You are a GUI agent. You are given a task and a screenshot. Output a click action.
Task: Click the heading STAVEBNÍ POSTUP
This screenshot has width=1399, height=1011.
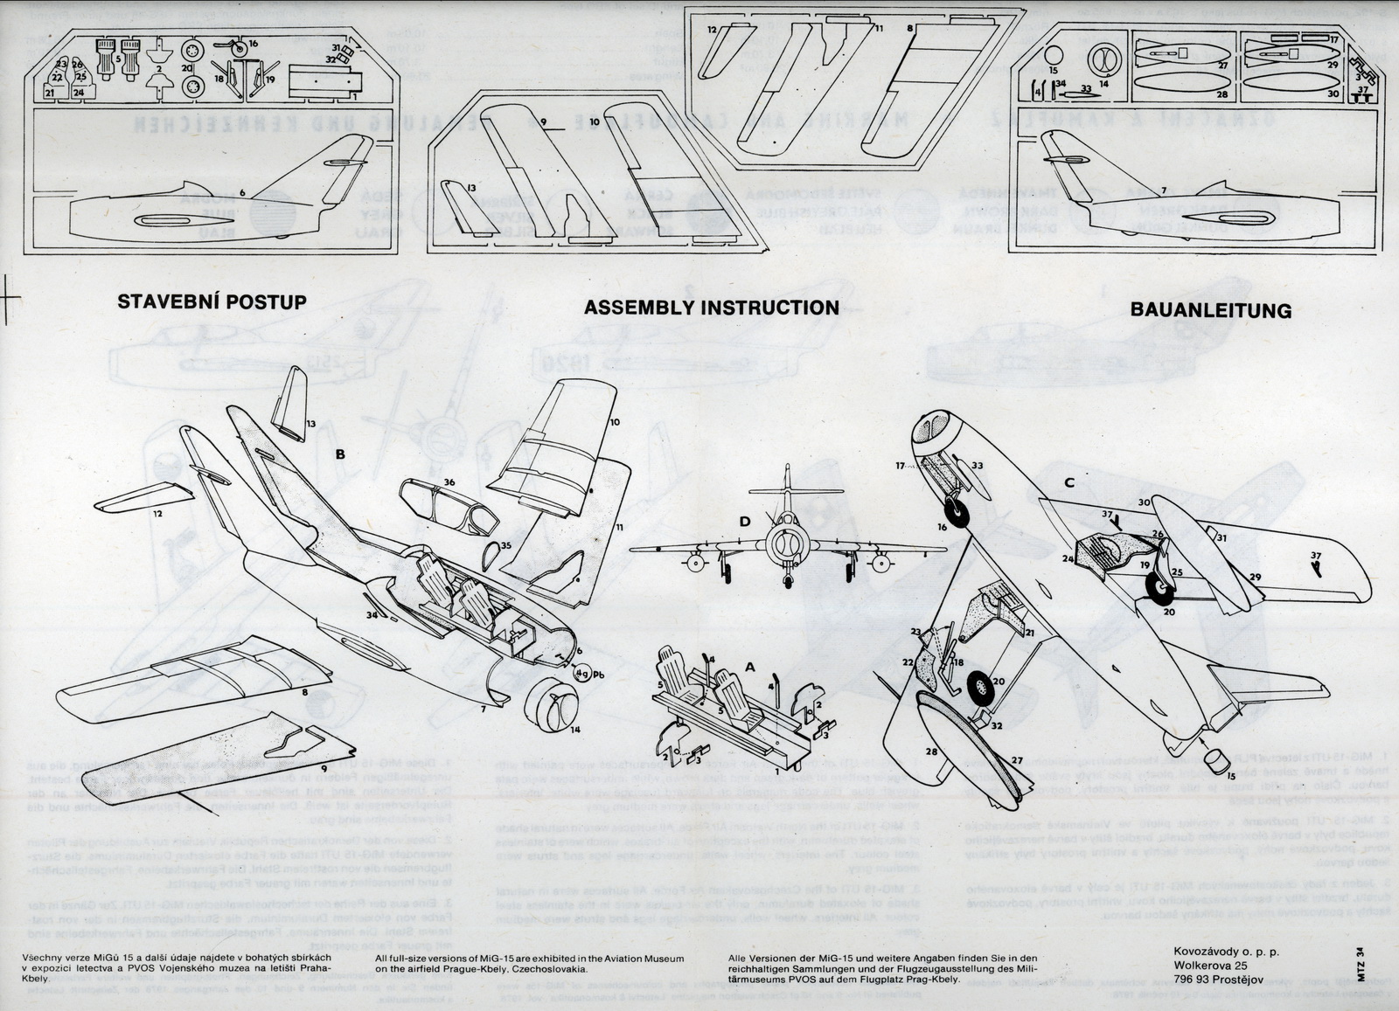click(x=212, y=302)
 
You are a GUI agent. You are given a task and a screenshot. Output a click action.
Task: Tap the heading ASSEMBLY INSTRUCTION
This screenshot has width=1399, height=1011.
click(x=711, y=308)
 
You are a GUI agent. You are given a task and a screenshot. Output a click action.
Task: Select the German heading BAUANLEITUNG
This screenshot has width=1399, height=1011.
click(x=1210, y=310)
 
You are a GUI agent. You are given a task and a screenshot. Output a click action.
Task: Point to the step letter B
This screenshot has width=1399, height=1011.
click(x=340, y=454)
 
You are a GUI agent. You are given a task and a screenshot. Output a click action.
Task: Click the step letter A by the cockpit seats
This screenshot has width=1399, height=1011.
click(x=749, y=666)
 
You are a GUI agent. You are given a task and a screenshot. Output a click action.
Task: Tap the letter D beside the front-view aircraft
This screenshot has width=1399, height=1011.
click(x=744, y=523)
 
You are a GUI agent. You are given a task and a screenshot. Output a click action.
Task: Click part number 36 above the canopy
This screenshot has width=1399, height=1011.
click(x=449, y=482)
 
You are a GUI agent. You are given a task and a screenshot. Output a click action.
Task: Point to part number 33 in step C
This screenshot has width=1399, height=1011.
click(x=977, y=466)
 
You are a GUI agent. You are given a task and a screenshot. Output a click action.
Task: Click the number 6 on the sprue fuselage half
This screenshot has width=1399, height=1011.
click(x=241, y=192)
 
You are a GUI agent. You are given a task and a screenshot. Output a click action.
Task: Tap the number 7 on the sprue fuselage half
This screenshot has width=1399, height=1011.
click(x=1163, y=190)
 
